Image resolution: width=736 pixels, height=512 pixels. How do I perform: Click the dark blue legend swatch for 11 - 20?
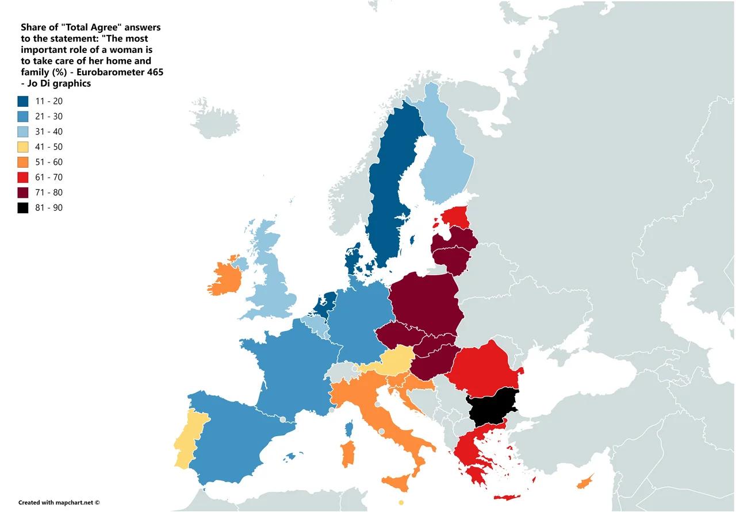pyautogui.click(x=23, y=102)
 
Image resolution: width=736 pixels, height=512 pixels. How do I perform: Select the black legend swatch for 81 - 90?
pyautogui.click(x=23, y=208)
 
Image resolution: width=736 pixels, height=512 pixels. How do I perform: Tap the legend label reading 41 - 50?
pyautogui.click(x=49, y=147)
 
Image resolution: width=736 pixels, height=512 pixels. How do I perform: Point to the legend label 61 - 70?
pyautogui.click(x=49, y=178)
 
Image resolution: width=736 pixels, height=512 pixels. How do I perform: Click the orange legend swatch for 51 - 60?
pyautogui.click(x=23, y=163)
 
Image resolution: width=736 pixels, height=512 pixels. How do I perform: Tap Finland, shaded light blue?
pyautogui.click(x=446, y=167)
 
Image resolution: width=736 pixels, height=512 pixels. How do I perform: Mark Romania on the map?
pyautogui.click(x=483, y=368)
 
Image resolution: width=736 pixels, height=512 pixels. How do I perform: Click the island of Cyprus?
pyautogui.click(x=585, y=482)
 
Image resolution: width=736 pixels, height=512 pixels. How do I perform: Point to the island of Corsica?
pyautogui.click(x=349, y=428)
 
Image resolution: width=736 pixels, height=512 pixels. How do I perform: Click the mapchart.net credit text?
pyautogui.click(x=59, y=503)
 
